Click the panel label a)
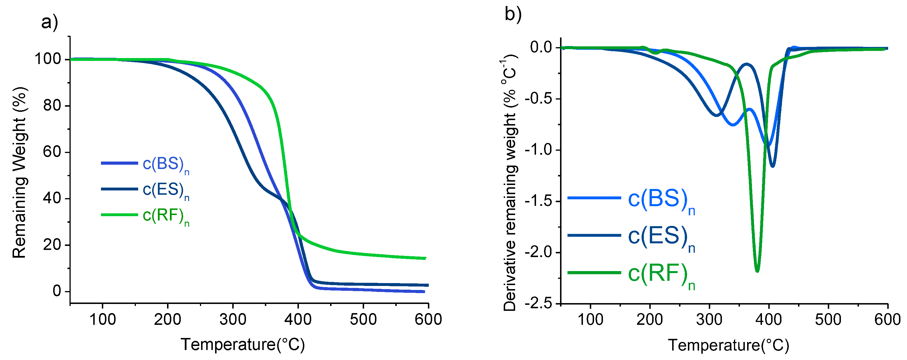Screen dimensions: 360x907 (49, 23)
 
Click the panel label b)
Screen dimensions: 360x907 (513, 14)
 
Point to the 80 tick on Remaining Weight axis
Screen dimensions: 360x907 (52, 106)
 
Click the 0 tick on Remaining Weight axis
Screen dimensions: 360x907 (57, 291)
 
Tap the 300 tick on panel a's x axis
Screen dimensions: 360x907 (233, 319)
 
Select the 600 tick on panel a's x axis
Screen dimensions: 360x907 (428, 319)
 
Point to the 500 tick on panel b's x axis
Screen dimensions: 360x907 (828, 319)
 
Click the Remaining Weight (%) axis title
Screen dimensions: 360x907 (19, 172)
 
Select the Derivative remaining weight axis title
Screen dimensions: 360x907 (509, 183)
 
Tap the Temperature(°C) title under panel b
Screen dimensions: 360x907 (729, 345)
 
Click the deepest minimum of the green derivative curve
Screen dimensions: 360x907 (757, 271)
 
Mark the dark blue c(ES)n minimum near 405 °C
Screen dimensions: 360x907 (773, 166)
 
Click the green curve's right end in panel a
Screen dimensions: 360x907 (425, 258)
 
